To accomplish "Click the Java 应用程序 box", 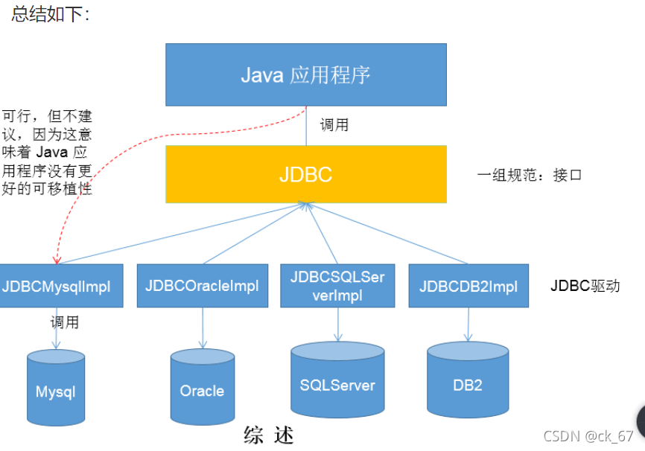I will click(x=306, y=74).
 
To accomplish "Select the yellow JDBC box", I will click(x=306, y=174).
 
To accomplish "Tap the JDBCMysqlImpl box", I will click(x=61, y=286).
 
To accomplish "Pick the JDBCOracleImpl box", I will click(x=203, y=286).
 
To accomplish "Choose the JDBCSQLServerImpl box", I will click(x=337, y=286).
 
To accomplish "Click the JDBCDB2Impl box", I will click(x=468, y=286).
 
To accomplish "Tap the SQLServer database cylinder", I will click(x=337, y=383).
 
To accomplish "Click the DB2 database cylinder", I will click(x=468, y=383).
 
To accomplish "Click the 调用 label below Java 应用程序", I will click(x=334, y=125).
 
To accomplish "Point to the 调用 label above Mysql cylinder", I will click(x=64, y=323).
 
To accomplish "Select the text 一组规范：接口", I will click(x=529, y=176).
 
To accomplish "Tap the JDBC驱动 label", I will click(x=585, y=286).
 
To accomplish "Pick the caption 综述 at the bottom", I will click(x=269, y=435).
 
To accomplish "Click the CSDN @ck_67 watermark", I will click(x=588, y=436).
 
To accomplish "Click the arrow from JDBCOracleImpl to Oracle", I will click(x=203, y=327).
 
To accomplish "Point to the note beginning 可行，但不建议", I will click(x=47, y=153).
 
